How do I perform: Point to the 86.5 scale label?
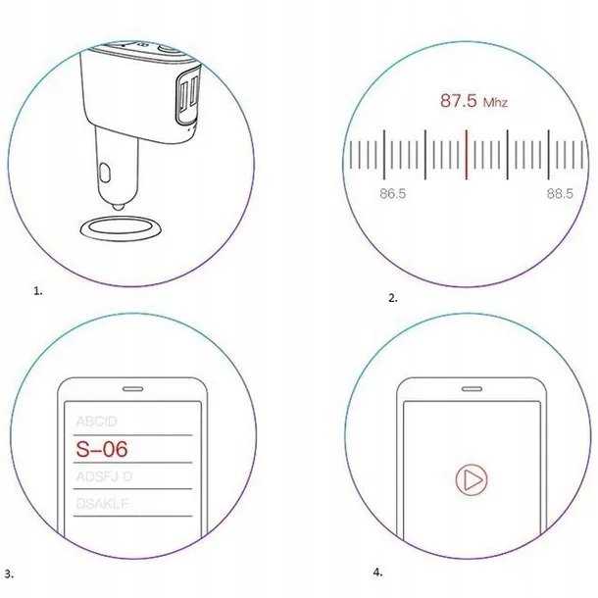[x=393, y=194]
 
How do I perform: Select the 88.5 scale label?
[x=560, y=194]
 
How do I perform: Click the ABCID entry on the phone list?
[x=97, y=422]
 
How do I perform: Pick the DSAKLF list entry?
[x=104, y=505]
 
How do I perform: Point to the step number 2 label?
[x=393, y=297]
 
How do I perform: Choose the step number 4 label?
[x=378, y=572]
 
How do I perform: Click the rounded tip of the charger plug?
[x=117, y=203]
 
